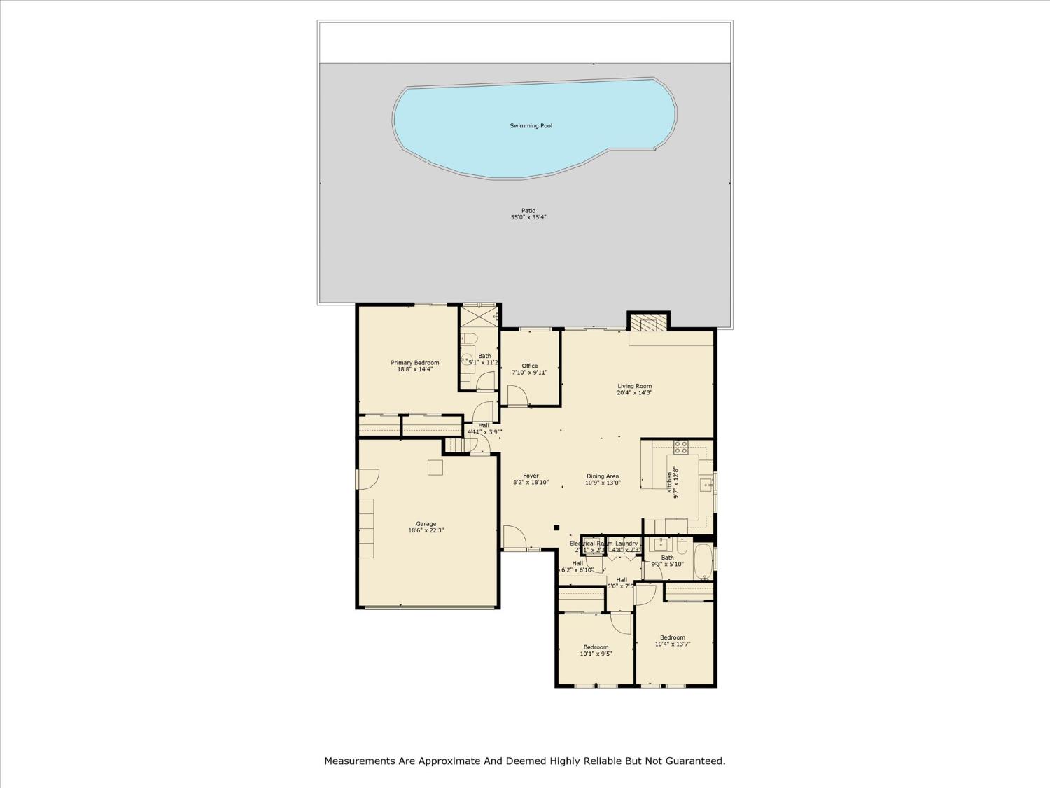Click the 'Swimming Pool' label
click(531, 126)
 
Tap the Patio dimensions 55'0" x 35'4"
click(528, 218)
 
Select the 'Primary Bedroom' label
click(415, 363)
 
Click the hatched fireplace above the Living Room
click(648, 323)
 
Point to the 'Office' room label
click(530, 366)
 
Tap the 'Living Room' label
click(634, 386)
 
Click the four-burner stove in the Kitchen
click(680, 446)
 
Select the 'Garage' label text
click(426, 524)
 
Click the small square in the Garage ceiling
click(435, 467)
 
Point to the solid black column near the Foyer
click(556, 527)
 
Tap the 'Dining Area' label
click(603, 476)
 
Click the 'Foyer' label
click(531, 476)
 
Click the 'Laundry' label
click(626, 544)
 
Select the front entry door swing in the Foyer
click(514, 537)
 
